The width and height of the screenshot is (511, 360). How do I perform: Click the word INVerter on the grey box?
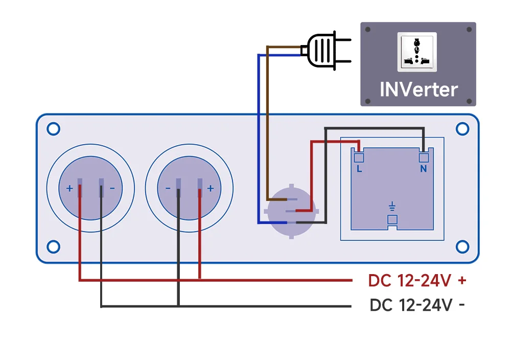[x=419, y=89]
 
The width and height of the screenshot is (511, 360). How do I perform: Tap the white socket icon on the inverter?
[x=417, y=52]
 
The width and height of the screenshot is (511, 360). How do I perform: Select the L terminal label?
[x=359, y=169]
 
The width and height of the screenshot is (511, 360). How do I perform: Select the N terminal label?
[x=423, y=169]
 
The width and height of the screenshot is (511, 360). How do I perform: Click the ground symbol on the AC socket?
[x=392, y=206]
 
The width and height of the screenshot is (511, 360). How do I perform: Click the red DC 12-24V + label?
[x=417, y=280]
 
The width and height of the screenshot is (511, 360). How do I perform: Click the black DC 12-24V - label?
[x=417, y=305]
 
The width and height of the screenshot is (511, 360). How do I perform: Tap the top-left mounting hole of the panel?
[x=53, y=129]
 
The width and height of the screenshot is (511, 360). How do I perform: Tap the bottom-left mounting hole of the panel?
[x=53, y=247]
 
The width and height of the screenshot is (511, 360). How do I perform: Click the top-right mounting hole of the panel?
[x=462, y=129]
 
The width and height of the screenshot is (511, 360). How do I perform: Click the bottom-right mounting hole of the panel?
[x=462, y=247]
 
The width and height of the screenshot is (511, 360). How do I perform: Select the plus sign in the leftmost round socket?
[x=69, y=188]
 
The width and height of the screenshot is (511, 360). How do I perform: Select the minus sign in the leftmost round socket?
[x=112, y=188]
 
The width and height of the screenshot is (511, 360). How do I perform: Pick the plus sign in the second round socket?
[x=210, y=188]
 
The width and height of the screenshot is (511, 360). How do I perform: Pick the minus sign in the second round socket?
[x=168, y=188]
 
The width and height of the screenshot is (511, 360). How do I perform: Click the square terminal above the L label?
[x=359, y=157]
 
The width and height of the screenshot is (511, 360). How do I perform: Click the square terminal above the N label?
[x=423, y=157]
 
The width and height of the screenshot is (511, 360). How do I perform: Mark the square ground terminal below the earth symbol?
[x=392, y=219]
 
